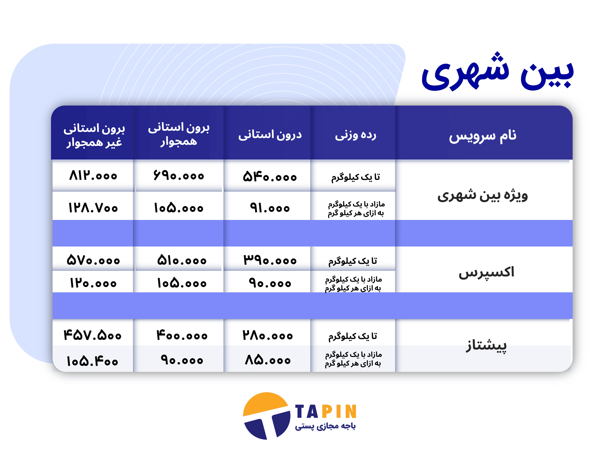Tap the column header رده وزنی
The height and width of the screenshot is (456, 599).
click(x=356, y=135)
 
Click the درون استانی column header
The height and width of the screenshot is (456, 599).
click(x=270, y=135)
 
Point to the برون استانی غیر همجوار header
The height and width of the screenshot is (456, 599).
click(x=94, y=135)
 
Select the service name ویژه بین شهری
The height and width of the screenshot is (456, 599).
click(x=483, y=195)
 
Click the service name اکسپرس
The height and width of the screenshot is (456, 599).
click(x=486, y=272)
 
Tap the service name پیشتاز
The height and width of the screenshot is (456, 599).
click(x=486, y=345)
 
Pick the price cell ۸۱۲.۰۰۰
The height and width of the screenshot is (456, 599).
click(x=93, y=175)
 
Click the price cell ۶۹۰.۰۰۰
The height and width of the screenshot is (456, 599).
click(x=179, y=175)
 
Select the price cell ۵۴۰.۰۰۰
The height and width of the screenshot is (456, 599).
click(x=270, y=177)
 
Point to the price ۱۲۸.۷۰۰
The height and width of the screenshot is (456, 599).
click(x=93, y=208)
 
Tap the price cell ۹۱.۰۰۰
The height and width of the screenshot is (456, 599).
click(x=270, y=208)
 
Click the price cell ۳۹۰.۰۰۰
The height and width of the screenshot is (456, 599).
click(x=270, y=260)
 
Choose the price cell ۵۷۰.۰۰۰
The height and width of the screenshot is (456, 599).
click(x=93, y=260)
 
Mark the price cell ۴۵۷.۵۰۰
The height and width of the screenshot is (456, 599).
click(x=92, y=335)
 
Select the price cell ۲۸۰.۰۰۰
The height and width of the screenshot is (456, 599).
click(x=268, y=335)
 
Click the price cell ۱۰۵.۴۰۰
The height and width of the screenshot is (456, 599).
click(x=92, y=362)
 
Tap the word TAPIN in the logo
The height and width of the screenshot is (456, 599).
click(x=326, y=412)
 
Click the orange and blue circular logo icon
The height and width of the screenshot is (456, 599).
click(x=267, y=416)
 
